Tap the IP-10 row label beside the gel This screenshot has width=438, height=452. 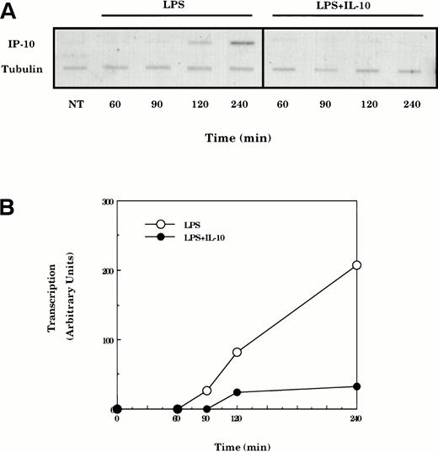coord(24,40)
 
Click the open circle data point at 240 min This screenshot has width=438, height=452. coord(356,265)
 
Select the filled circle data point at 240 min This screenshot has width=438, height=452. coord(356,386)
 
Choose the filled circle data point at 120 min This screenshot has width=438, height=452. coord(238,392)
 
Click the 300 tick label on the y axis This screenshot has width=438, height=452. coord(106,201)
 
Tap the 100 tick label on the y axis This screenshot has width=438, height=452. coord(106,340)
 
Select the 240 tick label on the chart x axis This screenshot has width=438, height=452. coord(356,417)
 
